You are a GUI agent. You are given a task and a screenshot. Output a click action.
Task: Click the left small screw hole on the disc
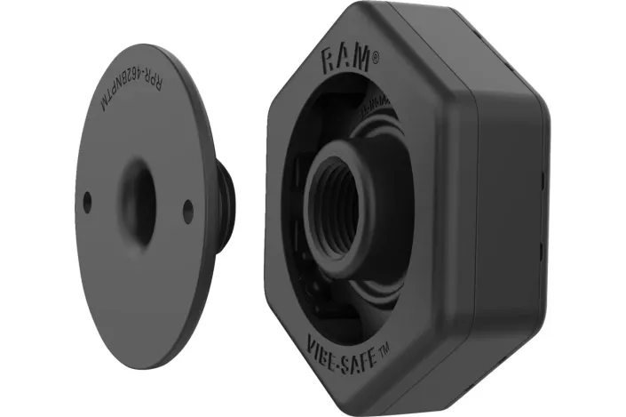tap(87, 202)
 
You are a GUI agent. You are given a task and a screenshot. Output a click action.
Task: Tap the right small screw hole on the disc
tap(188, 210)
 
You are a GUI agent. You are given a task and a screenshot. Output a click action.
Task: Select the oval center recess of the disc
tap(138, 201)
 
